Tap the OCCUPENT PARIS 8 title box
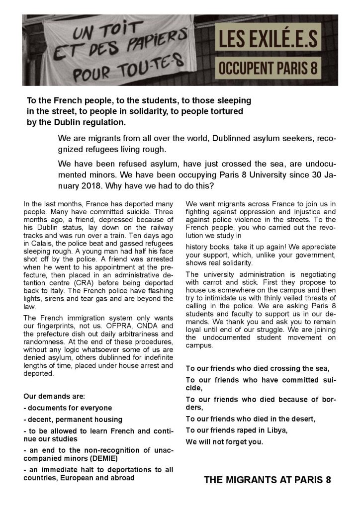click(x=268, y=68)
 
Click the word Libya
click(x=274, y=429)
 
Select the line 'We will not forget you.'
click(x=224, y=441)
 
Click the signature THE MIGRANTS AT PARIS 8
click(x=267, y=480)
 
